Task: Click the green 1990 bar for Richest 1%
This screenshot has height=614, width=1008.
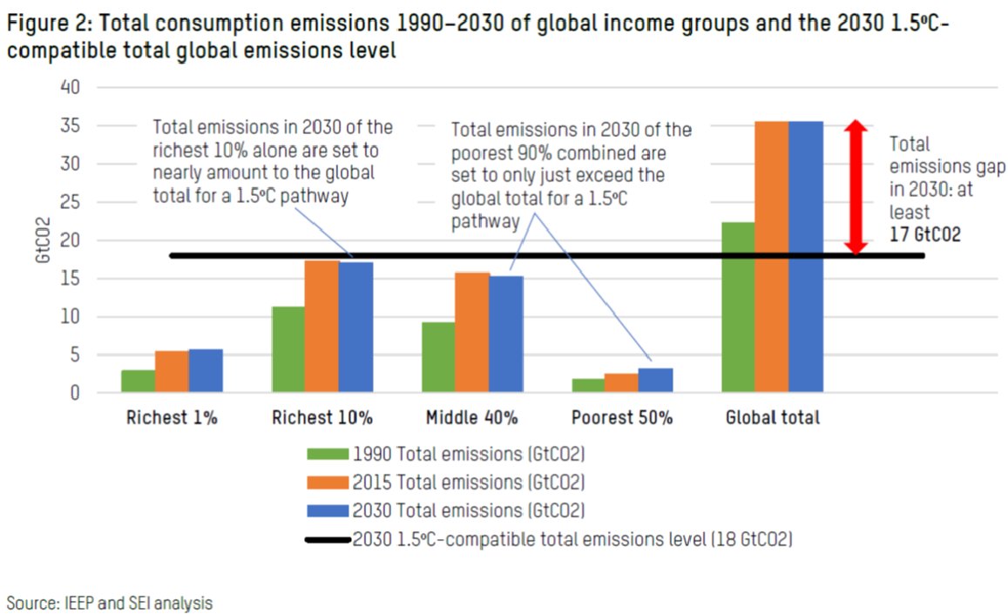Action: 139,381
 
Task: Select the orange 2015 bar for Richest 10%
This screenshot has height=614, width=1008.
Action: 321,327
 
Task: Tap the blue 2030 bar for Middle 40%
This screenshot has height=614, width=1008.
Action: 505,334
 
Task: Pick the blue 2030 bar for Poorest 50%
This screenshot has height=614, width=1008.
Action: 655,381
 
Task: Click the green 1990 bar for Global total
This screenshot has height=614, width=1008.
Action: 738,307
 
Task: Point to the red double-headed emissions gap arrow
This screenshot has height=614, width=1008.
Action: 856,187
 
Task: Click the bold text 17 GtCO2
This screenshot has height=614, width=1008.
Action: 925,235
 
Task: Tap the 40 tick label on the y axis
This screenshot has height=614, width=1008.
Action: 71,87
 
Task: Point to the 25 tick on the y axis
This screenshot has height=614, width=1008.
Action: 71,202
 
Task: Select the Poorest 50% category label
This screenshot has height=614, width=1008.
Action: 622,418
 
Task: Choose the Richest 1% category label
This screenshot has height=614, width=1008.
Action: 172,418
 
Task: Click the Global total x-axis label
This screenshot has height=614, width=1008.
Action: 772,418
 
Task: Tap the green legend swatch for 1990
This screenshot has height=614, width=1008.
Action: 328,454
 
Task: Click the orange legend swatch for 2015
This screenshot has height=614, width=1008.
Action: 328,482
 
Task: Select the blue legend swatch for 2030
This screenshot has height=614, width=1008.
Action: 328,509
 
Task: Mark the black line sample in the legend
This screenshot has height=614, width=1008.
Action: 328,540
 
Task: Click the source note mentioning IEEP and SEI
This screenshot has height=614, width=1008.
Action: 110,602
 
